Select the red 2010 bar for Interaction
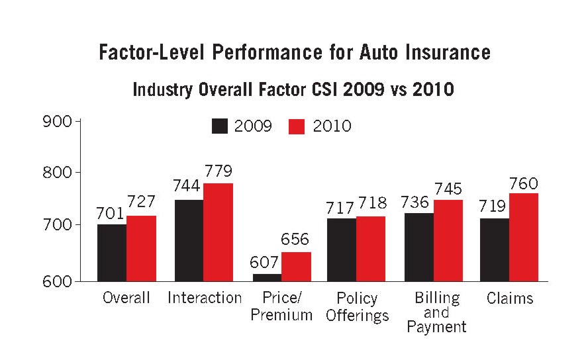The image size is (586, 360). [x=218, y=232]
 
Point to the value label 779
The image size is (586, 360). [x=217, y=172]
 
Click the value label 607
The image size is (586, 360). [x=265, y=263]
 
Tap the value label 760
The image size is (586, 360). [x=523, y=183]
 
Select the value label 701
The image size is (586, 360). [x=111, y=213]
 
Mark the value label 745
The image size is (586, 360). [x=448, y=189]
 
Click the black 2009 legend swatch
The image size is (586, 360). [x=220, y=126]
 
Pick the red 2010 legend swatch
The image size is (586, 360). [x=297, y=126]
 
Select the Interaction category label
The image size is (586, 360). [x=205, y=298]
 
